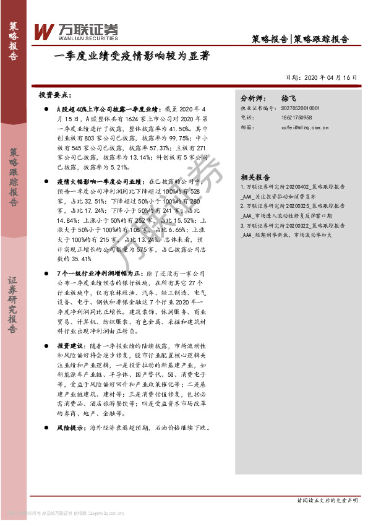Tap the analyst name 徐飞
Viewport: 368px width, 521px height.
click(289, 98)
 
